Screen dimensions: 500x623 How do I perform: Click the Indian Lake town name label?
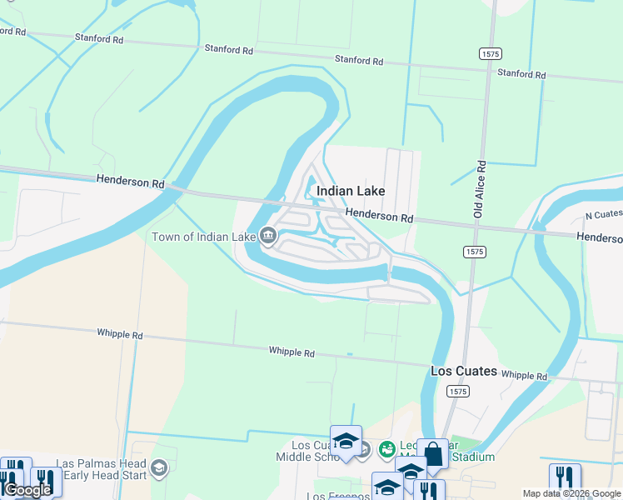350,191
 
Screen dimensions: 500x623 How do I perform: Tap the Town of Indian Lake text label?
203,237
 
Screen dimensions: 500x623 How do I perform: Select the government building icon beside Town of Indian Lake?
268,236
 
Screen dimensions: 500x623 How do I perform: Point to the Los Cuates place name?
464,371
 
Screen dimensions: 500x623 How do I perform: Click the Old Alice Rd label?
481,190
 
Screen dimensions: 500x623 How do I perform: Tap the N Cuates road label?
603,214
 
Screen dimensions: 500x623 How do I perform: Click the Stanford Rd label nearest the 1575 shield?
521,73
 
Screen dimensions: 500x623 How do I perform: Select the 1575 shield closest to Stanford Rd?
490,53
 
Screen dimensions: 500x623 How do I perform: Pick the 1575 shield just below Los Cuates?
456,390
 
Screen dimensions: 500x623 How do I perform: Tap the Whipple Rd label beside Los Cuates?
524,376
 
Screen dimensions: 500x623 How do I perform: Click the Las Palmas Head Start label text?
101,470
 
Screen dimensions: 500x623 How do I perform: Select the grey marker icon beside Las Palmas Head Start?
159,469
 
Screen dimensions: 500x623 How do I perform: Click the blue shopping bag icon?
432,453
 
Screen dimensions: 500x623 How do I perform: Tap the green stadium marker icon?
386,450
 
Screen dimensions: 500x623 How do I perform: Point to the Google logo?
27,490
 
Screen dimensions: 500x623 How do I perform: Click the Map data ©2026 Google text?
571,493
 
